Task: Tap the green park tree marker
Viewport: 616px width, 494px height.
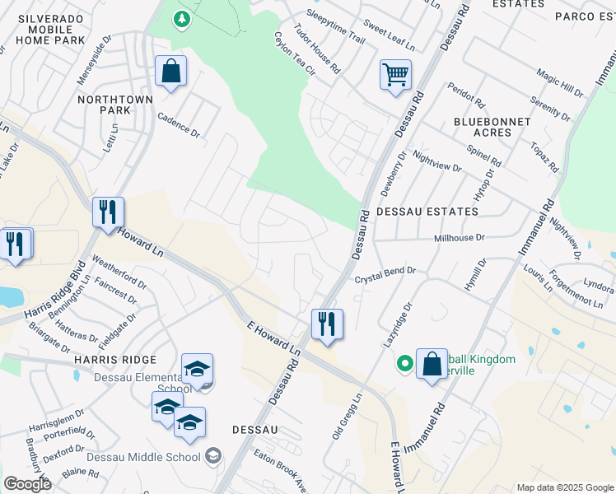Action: pos(181,18)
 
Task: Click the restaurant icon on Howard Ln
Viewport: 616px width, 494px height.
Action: pos(108,213)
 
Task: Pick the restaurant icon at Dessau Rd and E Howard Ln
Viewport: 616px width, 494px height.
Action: pos(327,324)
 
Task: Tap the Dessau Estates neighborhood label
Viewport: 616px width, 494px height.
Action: pos(427,212)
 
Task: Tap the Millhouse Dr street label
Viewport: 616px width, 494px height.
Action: pos(460,237)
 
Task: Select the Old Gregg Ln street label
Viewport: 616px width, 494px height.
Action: pos(348,417)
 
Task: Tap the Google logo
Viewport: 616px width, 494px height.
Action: pos(27,484)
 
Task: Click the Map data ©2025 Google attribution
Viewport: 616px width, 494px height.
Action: pos(565,487)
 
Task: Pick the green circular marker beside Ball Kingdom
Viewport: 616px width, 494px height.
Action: pos(404,361)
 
